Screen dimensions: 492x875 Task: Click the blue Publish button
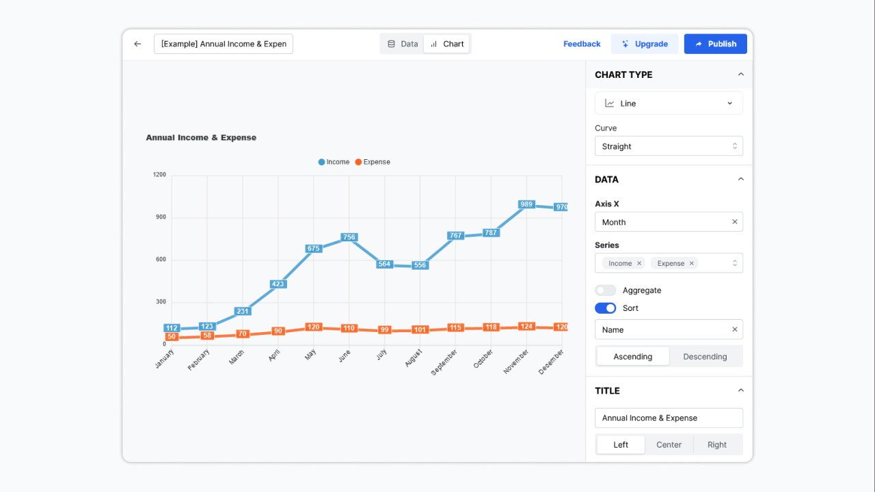(x=715, y=44)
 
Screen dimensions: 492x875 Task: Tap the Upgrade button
(x=644, y=44)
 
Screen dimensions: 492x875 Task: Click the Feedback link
(x=582, y=44)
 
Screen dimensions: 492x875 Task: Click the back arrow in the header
(x=137, y=44)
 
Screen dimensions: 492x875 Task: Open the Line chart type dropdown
(x=669, y=103)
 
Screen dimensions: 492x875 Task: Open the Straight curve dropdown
(x=669, y=146)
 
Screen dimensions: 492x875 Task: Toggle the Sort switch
(x=605, y=308)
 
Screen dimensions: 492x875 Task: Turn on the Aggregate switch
(x=605, y=290)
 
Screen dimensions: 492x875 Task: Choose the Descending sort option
(x=705, y=357)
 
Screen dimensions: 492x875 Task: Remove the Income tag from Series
(x=639, y=263)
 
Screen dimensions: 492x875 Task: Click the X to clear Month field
(x=735, y=222)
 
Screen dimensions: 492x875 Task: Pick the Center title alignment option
(x=669, y=445)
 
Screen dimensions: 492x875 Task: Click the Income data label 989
(x=526, y=204)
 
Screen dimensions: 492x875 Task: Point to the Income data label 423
(x=278, y=284)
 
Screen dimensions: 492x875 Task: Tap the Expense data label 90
(x=278, y=331)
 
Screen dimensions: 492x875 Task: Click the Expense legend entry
(x=373, y=162)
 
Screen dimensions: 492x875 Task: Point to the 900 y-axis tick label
(x=160, y=217)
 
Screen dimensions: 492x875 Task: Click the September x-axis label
(x=444, y=362)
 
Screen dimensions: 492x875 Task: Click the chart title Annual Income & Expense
(x=201, y=137)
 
